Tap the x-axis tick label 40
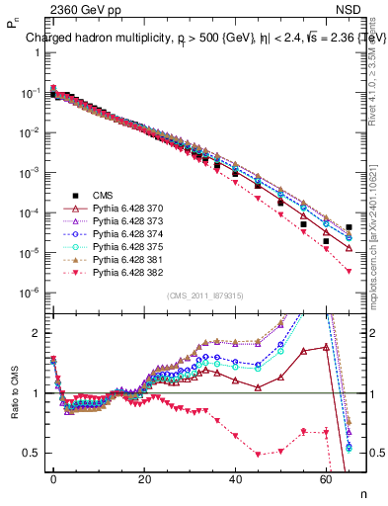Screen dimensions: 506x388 [x=236, y=477]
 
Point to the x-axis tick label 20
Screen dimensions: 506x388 [x=144, y=477]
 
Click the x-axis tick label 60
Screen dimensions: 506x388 [x=327, y=477]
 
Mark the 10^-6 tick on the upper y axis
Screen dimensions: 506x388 [x=28, y=294]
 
